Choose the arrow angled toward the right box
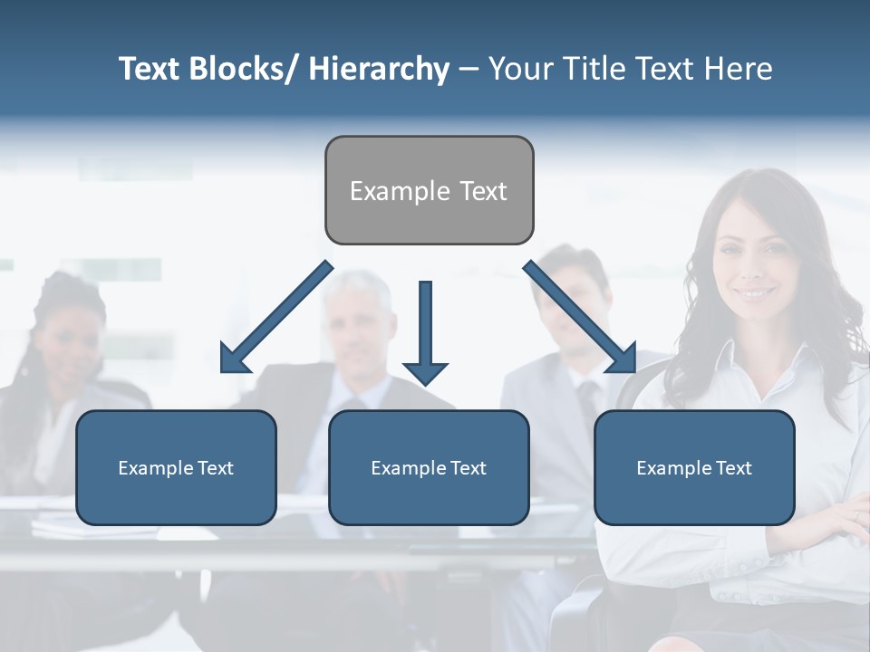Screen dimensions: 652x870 [x=581, y=317]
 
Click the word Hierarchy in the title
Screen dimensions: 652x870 [x=379, y=69]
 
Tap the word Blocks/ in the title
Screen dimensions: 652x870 [x=243, y=69]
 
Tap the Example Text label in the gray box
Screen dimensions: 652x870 [x=429, y=191]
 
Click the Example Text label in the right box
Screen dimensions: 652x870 [x=694, y=468]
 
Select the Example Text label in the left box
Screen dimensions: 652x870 [x=176, y=468]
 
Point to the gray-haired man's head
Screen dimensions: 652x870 [x=361, y=312]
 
